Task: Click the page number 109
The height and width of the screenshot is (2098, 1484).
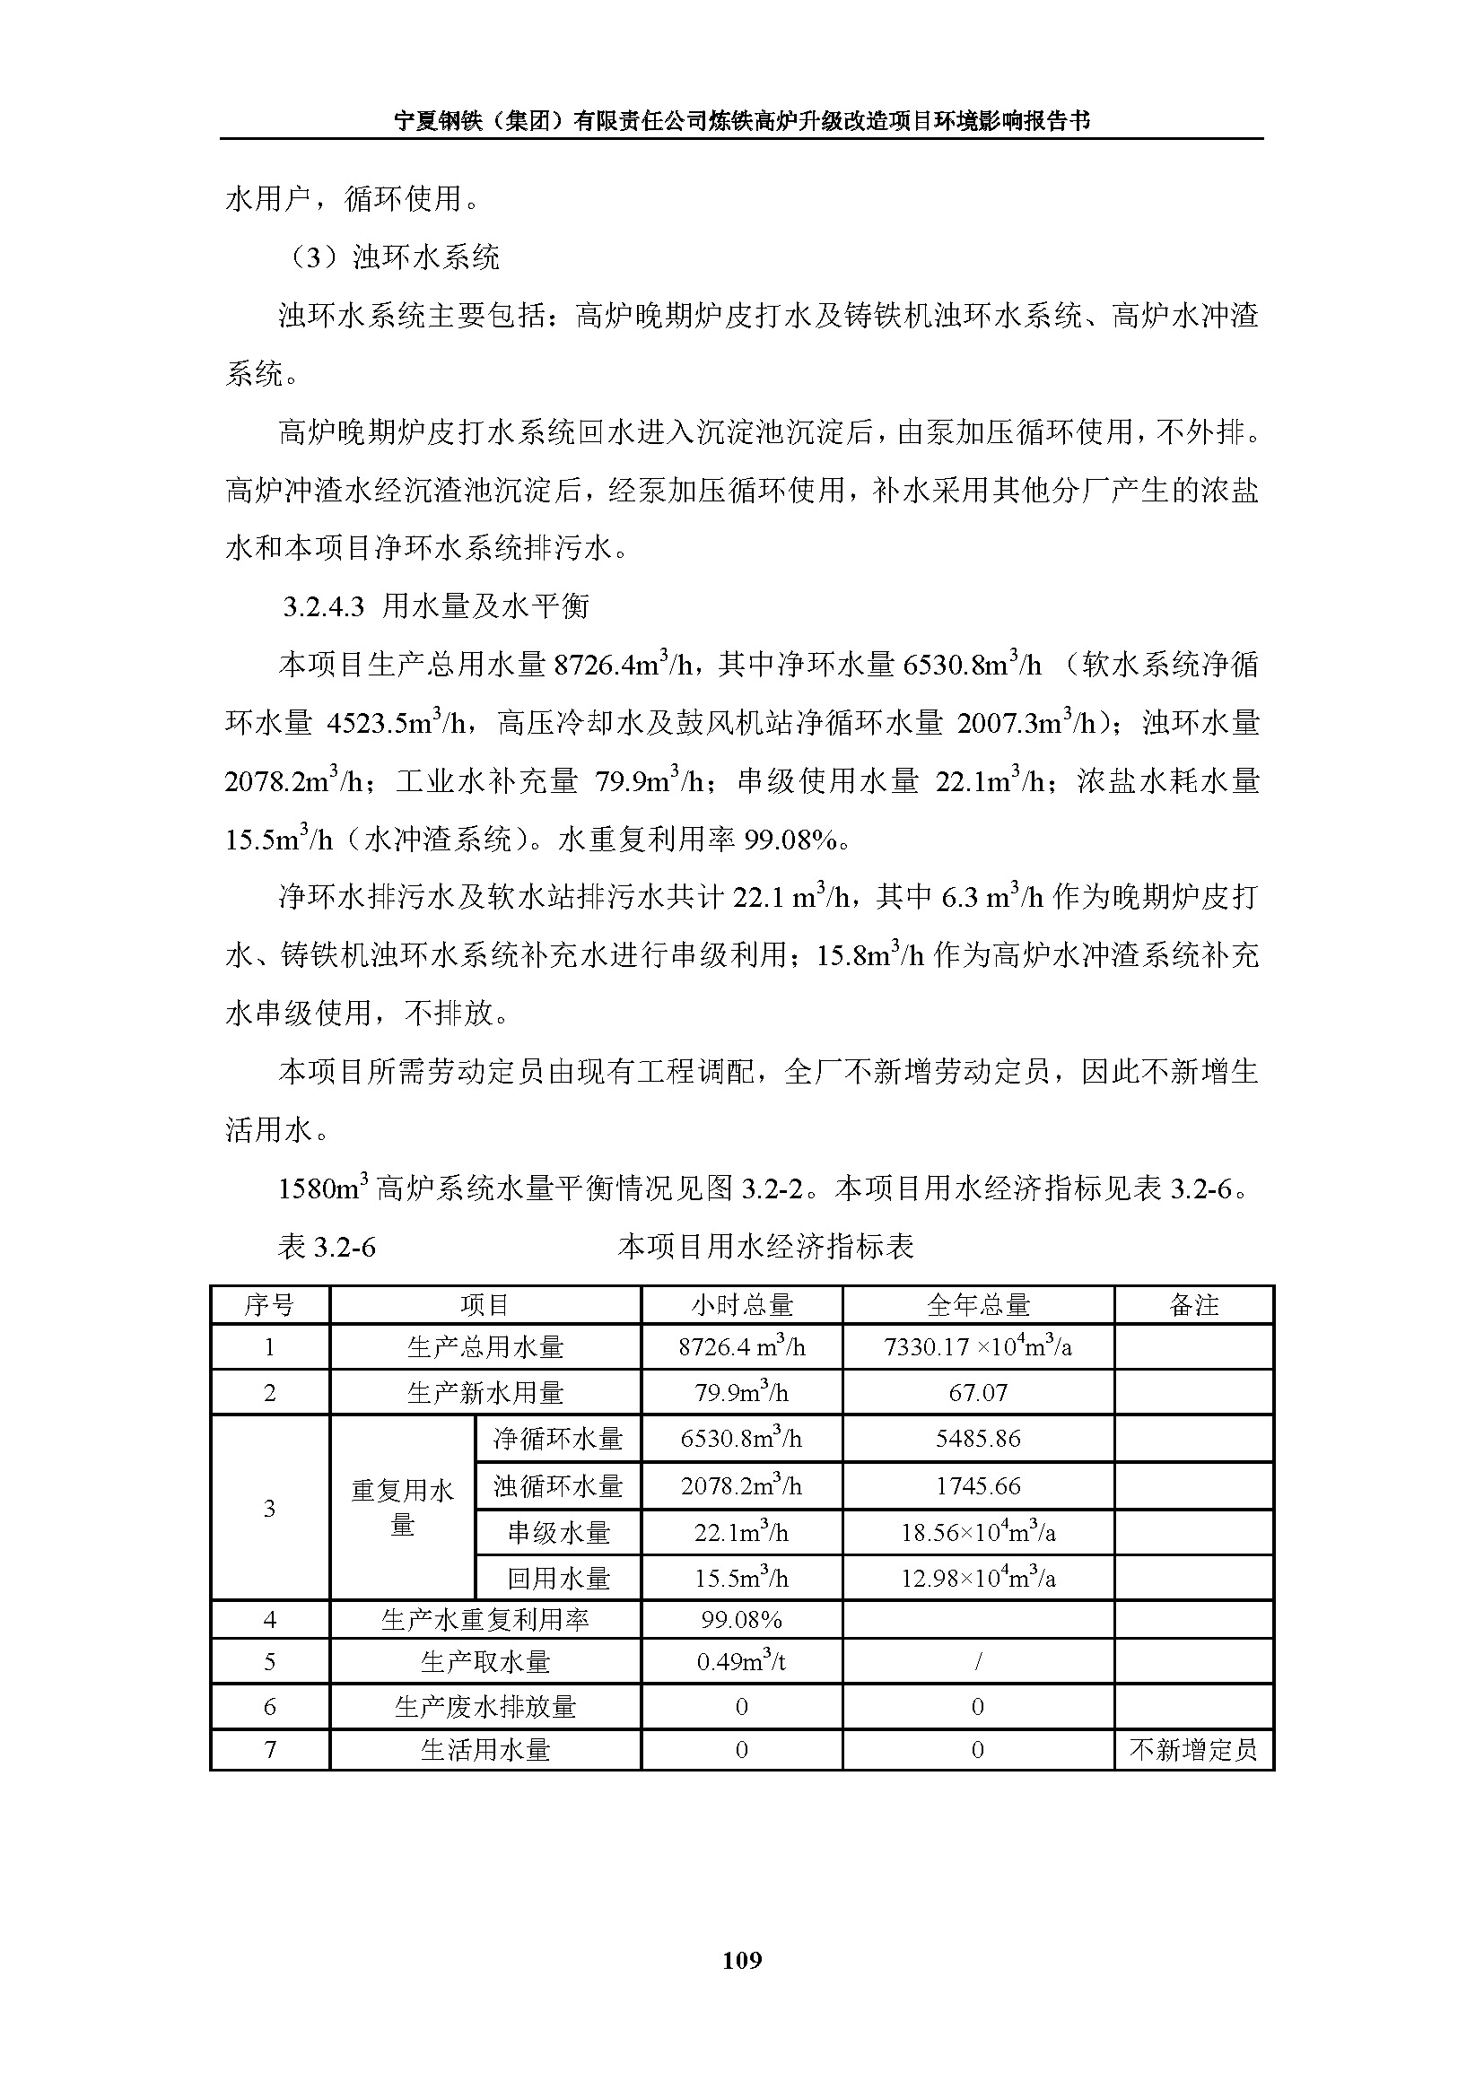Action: click(x=741, y=1959)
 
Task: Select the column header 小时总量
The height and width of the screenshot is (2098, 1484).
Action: click(x=741, y=1305)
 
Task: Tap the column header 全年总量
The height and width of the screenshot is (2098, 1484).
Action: click(x=978, y=1305)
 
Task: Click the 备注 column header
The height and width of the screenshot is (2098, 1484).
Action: click(x=1193, y=1305)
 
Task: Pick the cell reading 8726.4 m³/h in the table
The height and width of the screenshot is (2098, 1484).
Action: click(x=741, y=1347)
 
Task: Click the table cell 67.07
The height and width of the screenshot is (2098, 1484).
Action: click(x=978, y=1393)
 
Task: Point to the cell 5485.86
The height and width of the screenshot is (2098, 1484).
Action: click(x=978, y=1438)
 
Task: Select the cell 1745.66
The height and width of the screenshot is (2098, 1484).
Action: click(x=978, y=1485)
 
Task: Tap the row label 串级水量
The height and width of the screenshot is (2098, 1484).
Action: click(x=558, y=1532)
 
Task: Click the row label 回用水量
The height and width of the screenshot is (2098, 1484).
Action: click(x=558, y=1578)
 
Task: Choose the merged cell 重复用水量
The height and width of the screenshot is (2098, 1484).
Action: click(x=402, y=1508)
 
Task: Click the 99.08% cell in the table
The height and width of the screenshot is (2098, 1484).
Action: click(x=741, y=1620)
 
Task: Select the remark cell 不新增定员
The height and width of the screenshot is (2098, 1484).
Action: click(x=1193, y=1750)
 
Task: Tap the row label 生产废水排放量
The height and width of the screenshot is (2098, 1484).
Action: click(x=485, y=1707)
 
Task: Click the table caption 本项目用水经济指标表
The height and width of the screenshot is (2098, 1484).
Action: click(x=765, y=1247)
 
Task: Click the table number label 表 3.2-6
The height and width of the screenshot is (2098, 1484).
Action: click(x=327, y=1247)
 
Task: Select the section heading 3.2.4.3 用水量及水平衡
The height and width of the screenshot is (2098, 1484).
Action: click(x=436, y=605)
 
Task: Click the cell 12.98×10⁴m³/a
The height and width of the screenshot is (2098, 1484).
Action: click(x=978, y=1578)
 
